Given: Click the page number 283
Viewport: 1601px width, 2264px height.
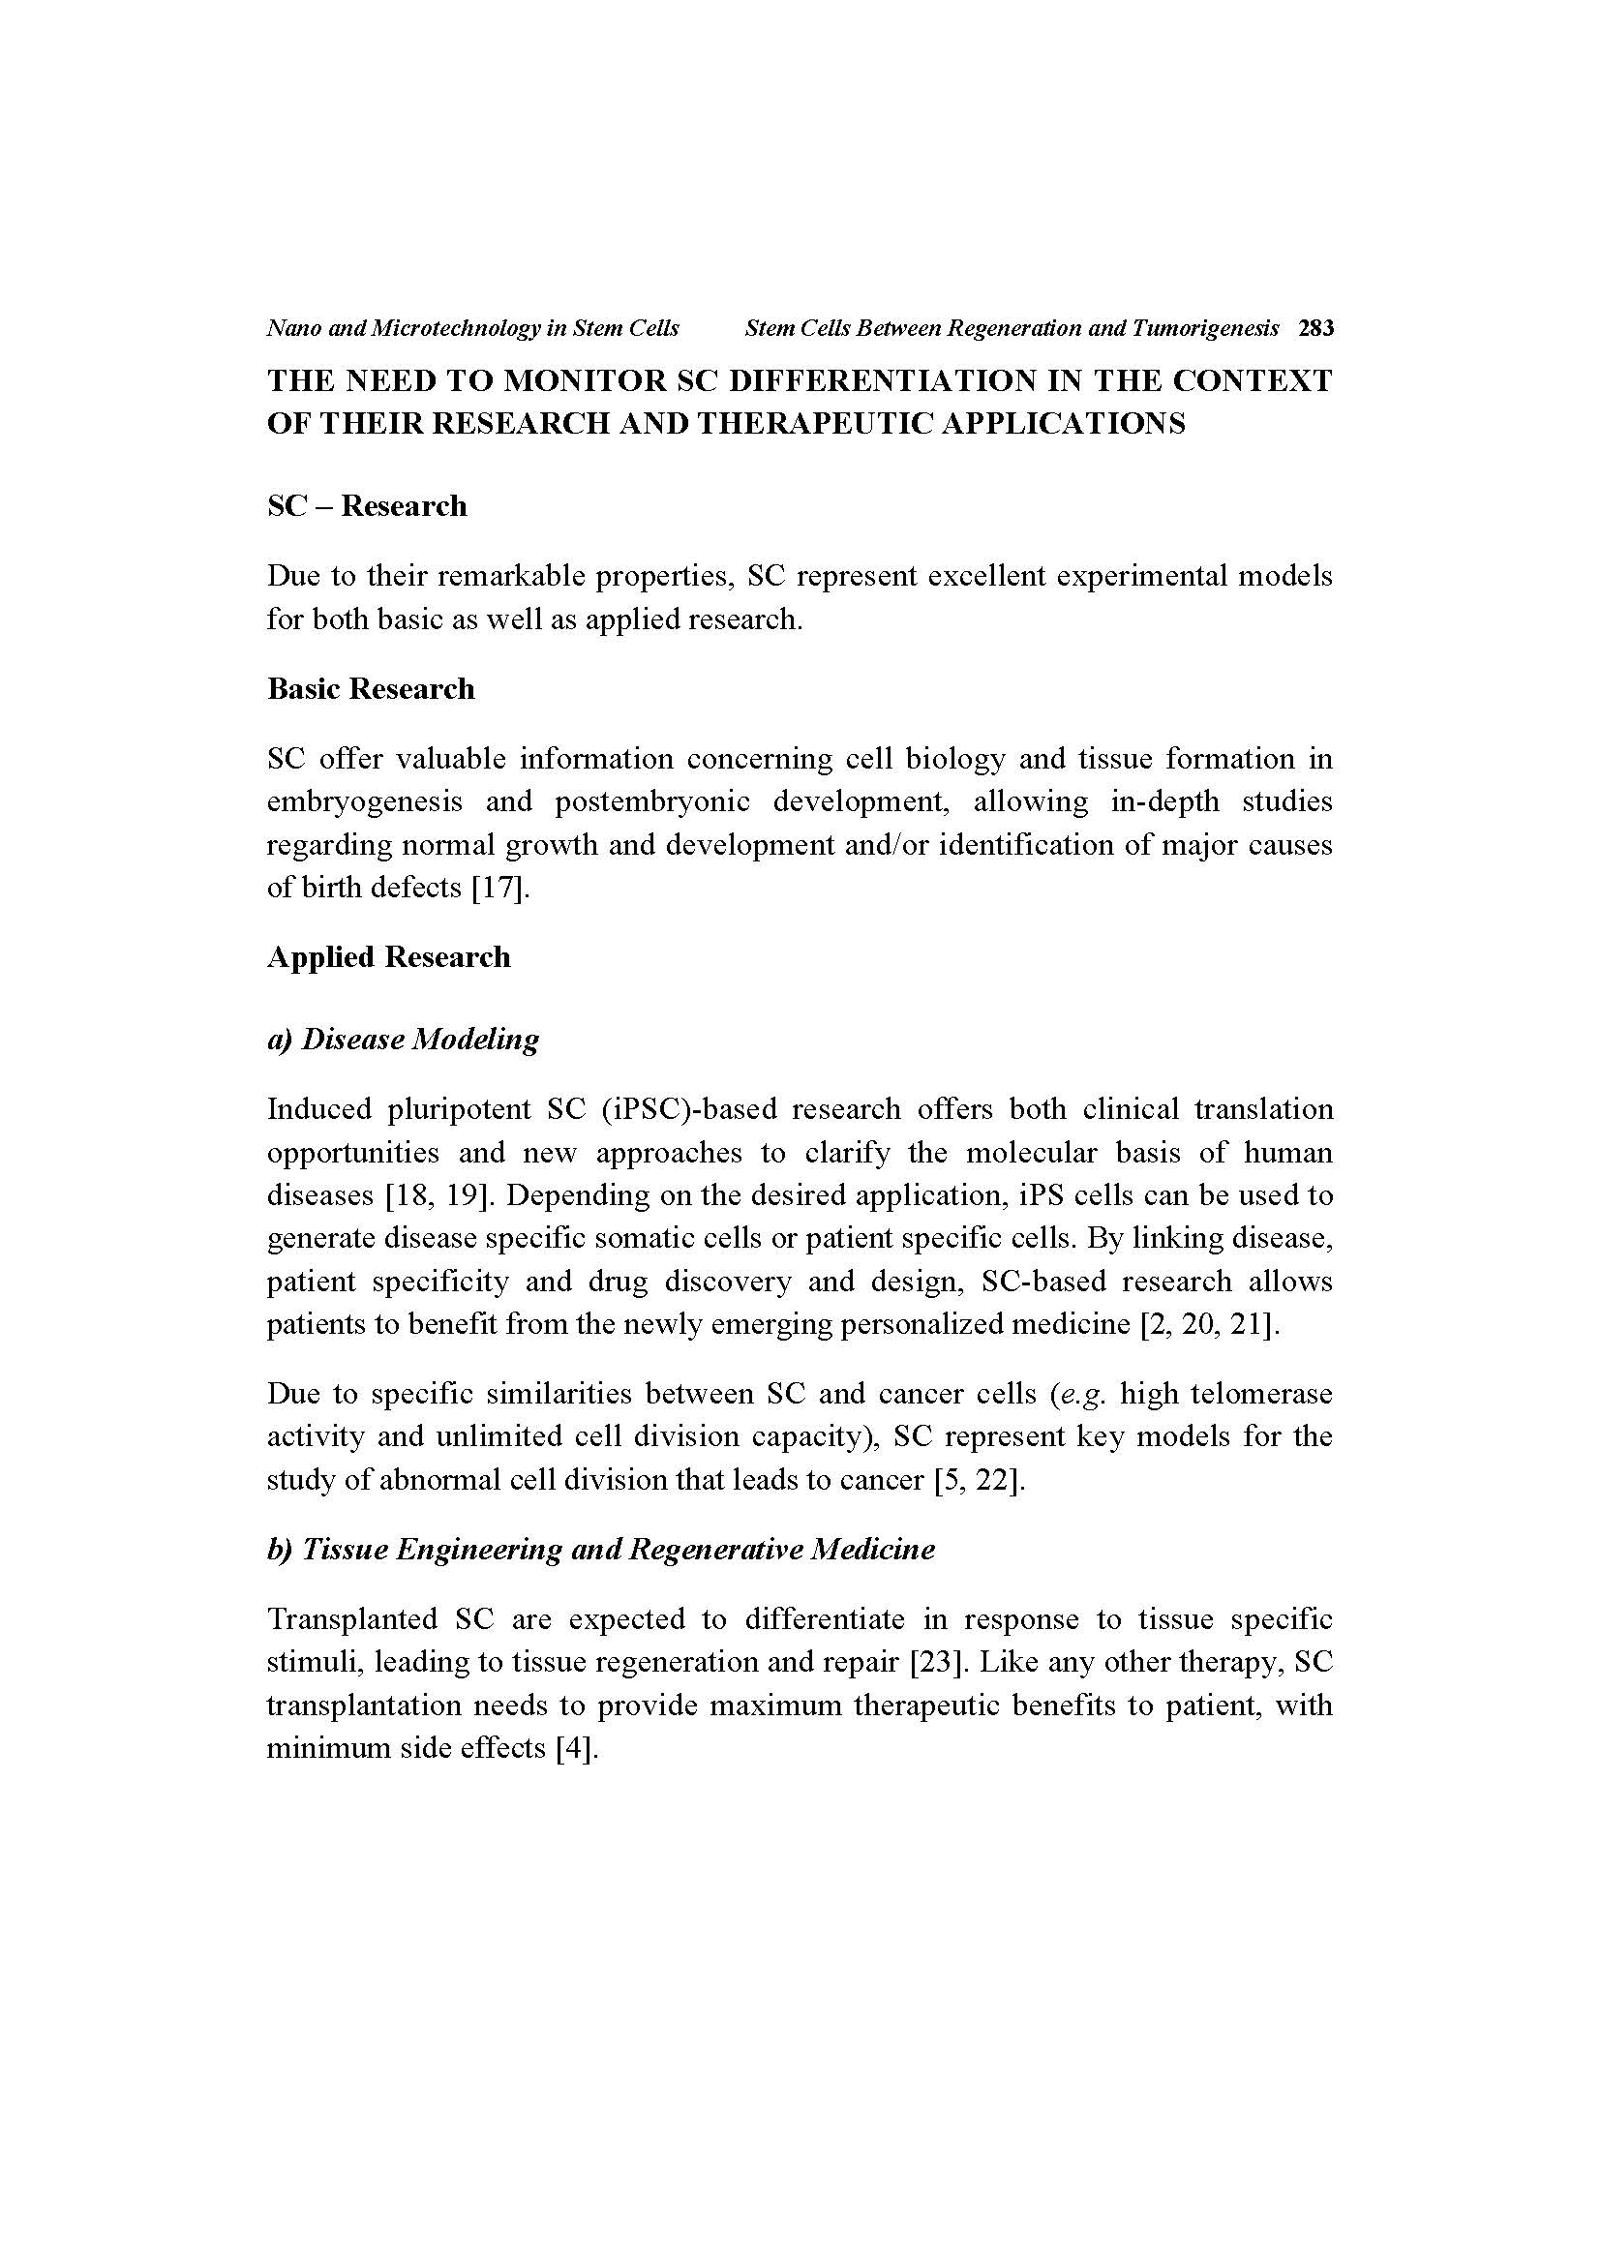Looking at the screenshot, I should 1316,328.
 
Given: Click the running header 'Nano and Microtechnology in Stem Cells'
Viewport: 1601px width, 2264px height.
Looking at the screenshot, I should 472,328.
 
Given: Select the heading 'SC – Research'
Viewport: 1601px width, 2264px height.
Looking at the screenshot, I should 367,506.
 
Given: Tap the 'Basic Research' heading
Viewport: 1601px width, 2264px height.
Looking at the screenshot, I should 371,688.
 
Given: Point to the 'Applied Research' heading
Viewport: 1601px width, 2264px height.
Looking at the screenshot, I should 388,957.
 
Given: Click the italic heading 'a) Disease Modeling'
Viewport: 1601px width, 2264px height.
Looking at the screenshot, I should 403,1040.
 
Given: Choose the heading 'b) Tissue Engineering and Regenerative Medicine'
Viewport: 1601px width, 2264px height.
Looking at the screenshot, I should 600,1549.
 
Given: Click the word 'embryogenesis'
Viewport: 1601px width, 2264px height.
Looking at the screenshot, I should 365,801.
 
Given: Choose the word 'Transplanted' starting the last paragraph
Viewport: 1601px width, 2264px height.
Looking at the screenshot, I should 352,1619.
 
